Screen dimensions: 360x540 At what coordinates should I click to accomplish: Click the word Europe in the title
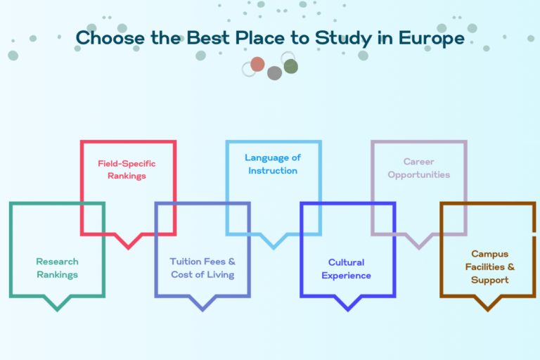[x=430, y=37]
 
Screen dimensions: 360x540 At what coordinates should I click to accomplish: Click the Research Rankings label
[x=57, y=268]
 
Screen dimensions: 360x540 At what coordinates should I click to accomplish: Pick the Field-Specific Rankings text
[x=127, y=169]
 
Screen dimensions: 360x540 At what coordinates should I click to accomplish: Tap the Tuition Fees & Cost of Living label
[x=202, y=268]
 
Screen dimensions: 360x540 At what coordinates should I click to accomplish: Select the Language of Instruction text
[x=273, y=164]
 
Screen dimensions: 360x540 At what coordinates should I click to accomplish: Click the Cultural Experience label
[x=346, y=269]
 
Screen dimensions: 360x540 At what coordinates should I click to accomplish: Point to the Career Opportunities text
[x=419, y=168]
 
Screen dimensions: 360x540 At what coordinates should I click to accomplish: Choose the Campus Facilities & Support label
[x=489, y=266]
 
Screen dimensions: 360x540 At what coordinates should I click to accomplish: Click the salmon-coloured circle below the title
[x=257, y=64]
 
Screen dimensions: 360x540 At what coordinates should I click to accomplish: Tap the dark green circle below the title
[x=290, y=66]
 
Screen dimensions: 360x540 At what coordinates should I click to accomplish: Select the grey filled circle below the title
[x=274, y=72]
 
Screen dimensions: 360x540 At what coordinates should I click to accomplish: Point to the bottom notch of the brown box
[x=488, y=307]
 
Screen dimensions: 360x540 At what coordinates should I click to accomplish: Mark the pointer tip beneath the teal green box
[x=57, y=307]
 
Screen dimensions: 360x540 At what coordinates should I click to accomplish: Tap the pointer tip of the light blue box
[x=274, y=244]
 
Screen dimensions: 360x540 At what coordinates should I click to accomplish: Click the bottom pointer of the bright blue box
[x=347, y=307]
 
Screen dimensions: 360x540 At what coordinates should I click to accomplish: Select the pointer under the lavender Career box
[x=419, y=244]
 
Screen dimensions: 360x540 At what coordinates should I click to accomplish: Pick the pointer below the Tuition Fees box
[x=202, y=307]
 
